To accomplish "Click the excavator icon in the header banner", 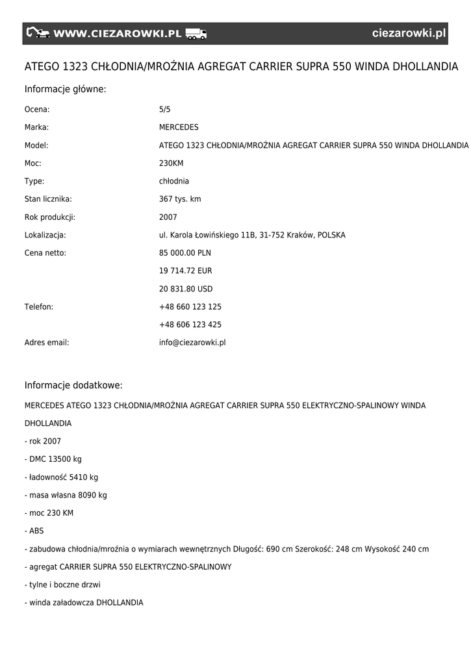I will [x=38, y=33].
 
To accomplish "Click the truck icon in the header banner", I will [x=196, y=34].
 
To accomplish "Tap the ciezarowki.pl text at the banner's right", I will [x=409, y=34].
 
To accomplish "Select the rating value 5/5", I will [x=165, y=109].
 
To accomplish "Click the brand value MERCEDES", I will [x=179, y=127].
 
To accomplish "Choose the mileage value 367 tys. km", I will [x=180, y=199].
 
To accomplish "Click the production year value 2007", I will [x=168, y=217].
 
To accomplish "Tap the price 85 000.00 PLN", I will [x=185, y=253].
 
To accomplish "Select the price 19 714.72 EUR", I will [x=186, y=271].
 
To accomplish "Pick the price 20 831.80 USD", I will [x=186, y=289].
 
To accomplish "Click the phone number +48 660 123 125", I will [x=190, y=306].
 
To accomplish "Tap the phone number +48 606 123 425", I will [x=190, y=325].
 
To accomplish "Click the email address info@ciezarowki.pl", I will [x=192, y=342].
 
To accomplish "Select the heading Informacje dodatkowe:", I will [x=73, y=385].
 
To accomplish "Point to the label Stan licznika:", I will [x=48, y=199].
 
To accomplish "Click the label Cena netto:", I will [x=45, y=253].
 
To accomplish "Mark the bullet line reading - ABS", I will [x=34, y=531].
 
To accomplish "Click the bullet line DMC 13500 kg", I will [x=53, y=459].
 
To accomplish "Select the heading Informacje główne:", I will [x=65, y=89].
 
